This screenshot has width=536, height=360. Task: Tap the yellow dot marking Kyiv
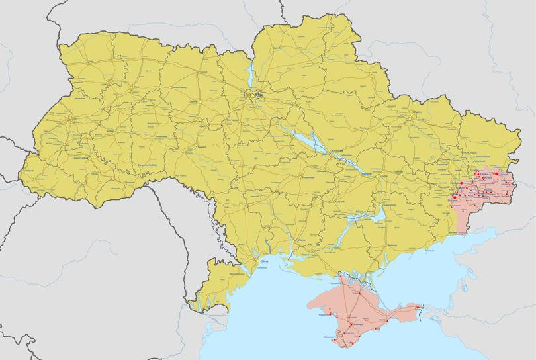252,95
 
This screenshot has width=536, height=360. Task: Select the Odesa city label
263,262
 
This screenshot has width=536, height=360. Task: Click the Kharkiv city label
417,113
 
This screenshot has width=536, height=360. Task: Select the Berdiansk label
429,251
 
